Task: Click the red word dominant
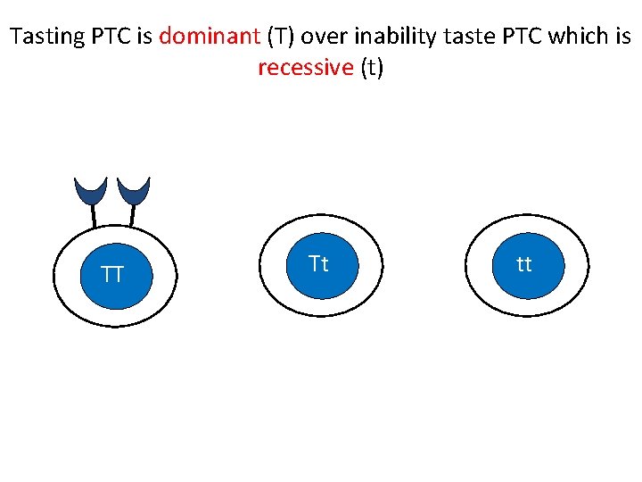point(209,37)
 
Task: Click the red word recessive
point(306,69)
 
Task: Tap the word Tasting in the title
point(46,37)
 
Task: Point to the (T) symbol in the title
point(282,37)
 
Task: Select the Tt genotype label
point(318,264)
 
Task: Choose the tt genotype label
point(524,264)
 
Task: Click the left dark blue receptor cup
point(90,189)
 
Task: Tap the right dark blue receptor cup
point(134,189)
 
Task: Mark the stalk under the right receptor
point(132,215)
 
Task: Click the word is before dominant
point(144,37)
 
